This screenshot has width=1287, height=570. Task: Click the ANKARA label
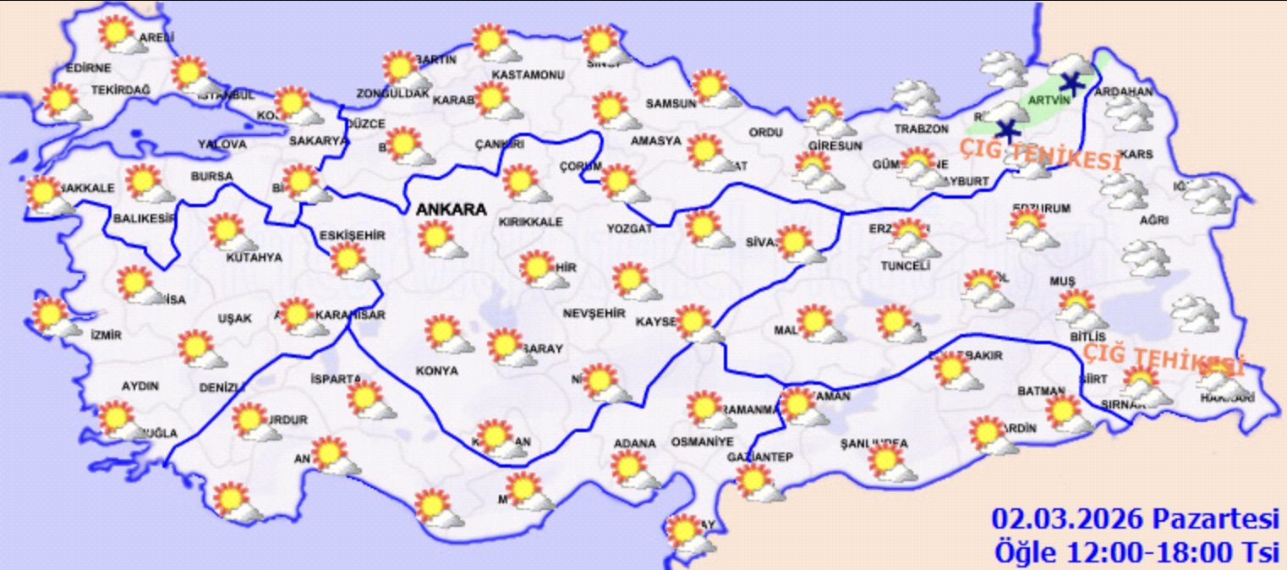point(451,210)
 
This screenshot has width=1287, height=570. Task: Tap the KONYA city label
point(436,370)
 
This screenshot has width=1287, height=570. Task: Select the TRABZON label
point(922,129)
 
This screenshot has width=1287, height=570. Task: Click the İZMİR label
point(106,335)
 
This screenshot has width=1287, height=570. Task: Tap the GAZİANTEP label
point(759,457)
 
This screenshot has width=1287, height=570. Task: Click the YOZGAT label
point(630,229)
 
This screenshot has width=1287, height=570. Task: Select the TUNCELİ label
point(905,266)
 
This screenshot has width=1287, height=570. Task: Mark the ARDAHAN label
point(1124,91)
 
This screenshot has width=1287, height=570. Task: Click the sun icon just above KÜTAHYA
point(226,231)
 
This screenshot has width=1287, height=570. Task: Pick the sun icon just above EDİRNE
point(114,35)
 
